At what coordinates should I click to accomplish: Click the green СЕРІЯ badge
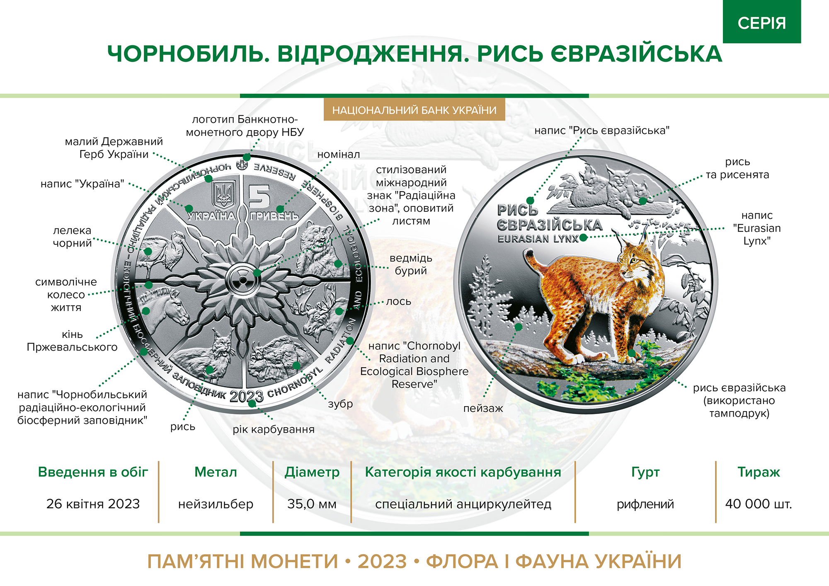[x=762, y=22]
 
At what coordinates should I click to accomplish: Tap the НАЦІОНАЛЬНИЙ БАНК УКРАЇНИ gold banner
[x=414, y=110]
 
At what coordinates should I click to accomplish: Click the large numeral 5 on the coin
[x=259, y=196]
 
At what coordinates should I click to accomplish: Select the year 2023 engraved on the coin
[x=246, y=397]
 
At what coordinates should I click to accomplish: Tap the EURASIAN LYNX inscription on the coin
[x=538, y=239]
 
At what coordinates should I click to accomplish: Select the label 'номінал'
[x=339, y=154]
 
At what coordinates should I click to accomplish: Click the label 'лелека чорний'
[x=72, y=237]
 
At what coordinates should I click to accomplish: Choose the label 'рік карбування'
[x=274, y=429]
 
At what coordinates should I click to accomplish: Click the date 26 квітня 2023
[x=93, y=504]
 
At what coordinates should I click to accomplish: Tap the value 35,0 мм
[x=312, y=504]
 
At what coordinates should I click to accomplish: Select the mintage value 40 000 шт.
[x=759, y=504]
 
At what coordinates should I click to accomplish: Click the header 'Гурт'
[x=645, y=472]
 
